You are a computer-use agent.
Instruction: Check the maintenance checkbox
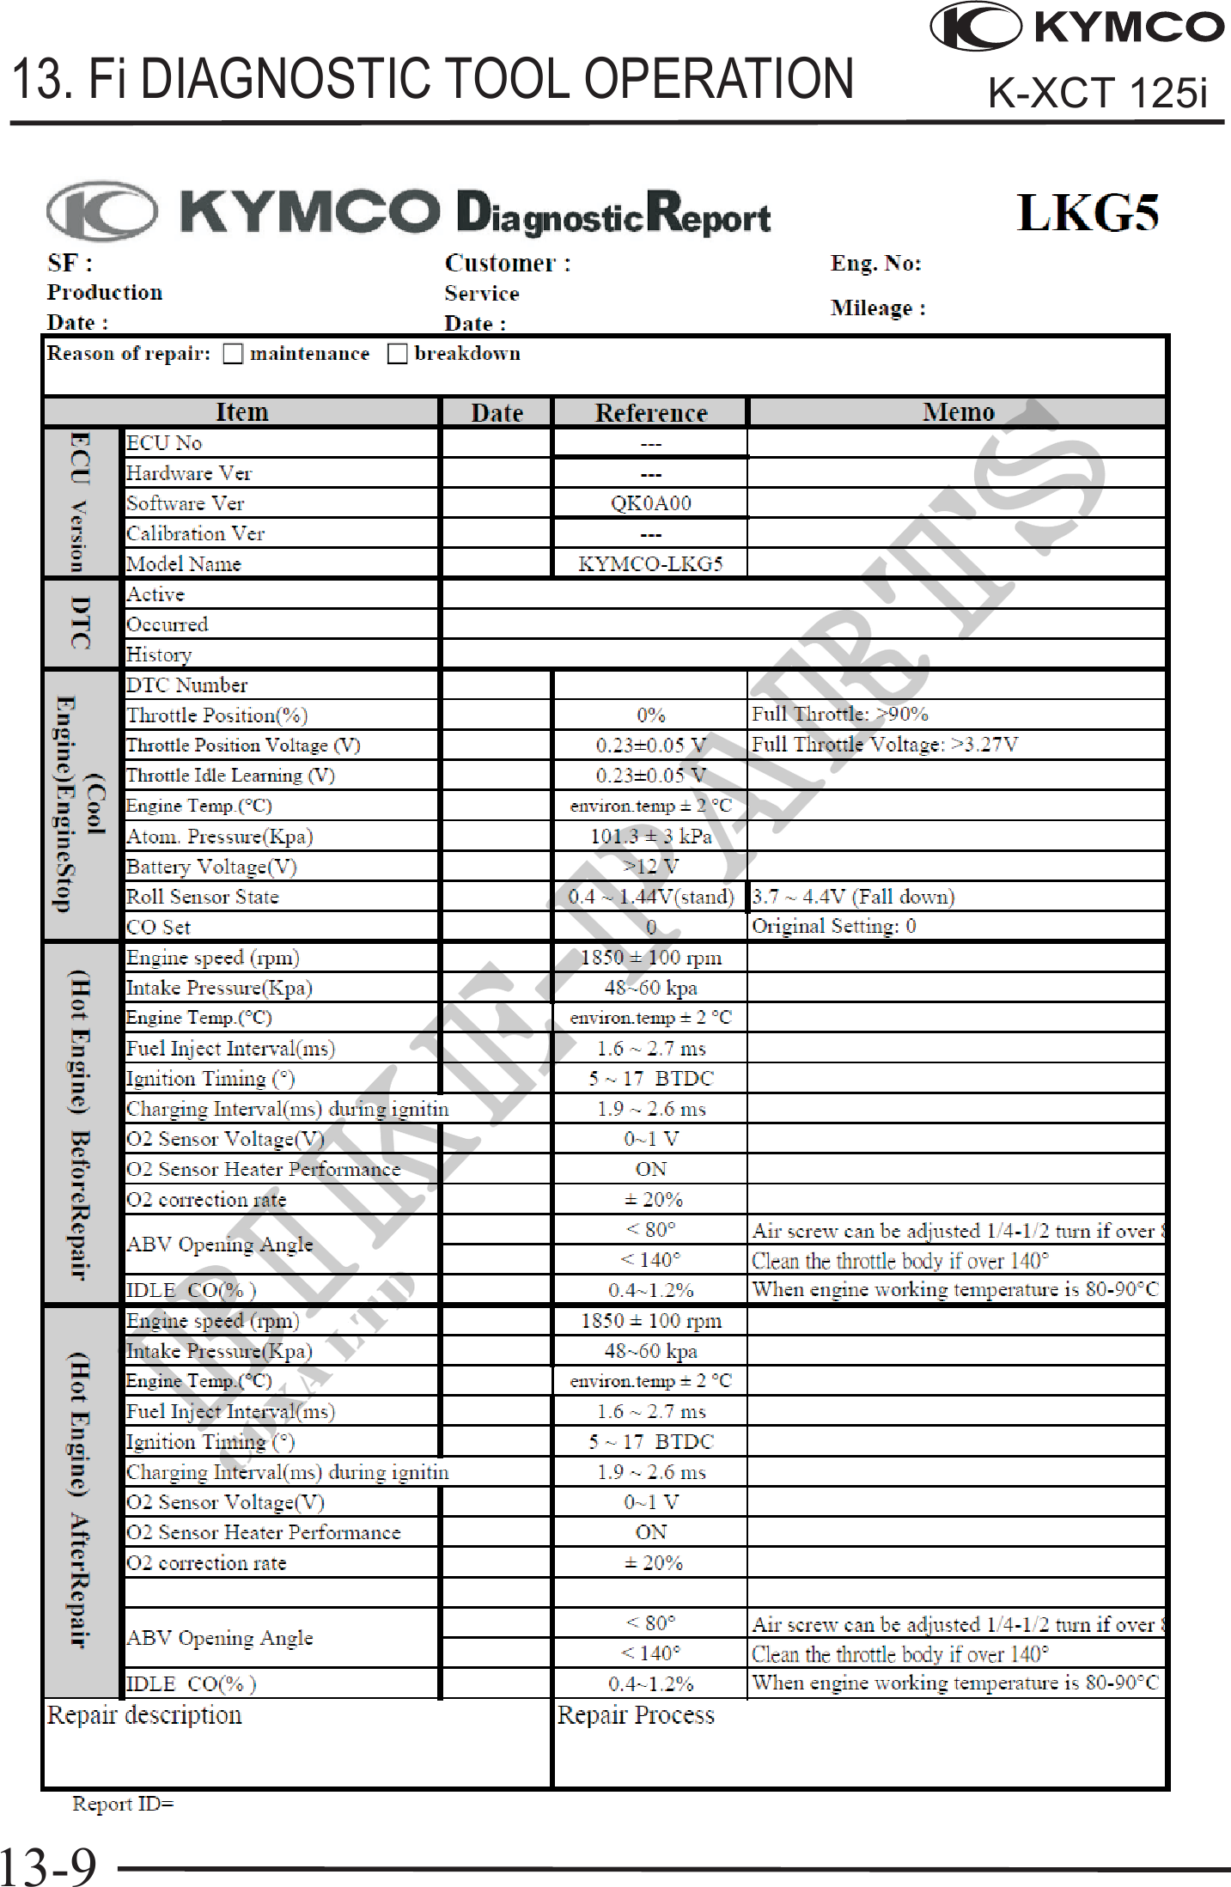click(233, 354)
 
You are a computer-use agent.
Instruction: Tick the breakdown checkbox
click(397, 354)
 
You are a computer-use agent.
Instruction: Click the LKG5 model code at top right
click(1088, 213)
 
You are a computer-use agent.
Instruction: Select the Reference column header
click(651, 413)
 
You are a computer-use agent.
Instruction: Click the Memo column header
click(958, 412)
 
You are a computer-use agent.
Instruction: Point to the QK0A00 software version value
click(650, 503)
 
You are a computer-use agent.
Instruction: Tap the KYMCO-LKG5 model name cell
click(650, 564)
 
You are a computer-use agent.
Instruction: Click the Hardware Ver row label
click(189, 473)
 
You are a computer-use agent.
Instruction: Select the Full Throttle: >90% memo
click(839, 714)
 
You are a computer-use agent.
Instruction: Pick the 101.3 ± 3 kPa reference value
click(650, 837)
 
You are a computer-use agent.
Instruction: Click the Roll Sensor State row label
click(203, 897)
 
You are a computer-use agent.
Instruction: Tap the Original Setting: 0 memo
click(833, 926)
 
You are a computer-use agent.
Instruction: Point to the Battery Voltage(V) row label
click(211, 867)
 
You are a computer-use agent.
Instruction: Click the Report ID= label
click(123, 1804)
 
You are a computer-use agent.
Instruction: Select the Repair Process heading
click(636, 1715)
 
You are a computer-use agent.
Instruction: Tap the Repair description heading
click(144, 1715)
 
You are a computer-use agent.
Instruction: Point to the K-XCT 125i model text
click(1097, 93)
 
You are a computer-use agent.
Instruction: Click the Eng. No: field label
click(875, 264)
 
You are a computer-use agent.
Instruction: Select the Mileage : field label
click(877, 308)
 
